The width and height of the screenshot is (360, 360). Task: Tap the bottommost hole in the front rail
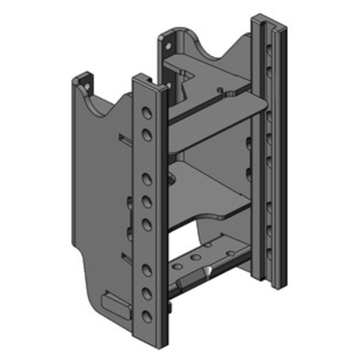point(147,317)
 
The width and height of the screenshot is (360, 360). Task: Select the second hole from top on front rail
point(147,134)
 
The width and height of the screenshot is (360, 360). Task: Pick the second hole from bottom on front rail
point(147,293)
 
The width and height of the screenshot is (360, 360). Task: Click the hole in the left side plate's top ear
point(86,83)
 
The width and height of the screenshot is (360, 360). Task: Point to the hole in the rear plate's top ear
point(169,46)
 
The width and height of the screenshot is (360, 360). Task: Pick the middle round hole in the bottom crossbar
point(196,258)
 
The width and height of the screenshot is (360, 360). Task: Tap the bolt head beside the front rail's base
point(171,308)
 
